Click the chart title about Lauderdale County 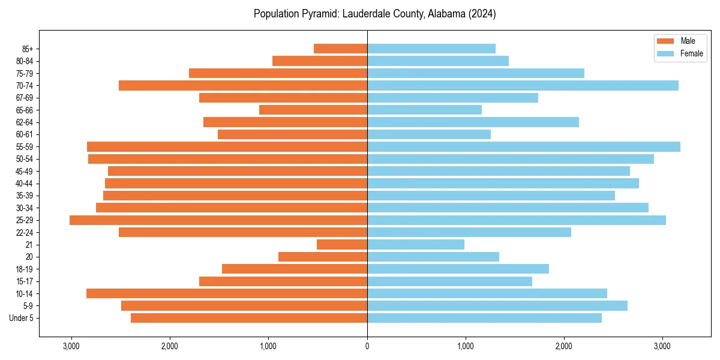coord(374,14)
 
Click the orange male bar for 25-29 coord(218,220)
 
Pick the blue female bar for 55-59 coord(524,147)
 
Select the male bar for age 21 coord(342,245)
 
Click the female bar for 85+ coord(431,49)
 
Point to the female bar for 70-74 coord(523,86)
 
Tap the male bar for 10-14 coord(227,293)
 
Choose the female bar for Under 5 coord(484,318)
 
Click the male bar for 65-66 coord(313,110)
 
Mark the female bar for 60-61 coord(429,134)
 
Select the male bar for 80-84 coord(320,61)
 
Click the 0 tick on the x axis coord(367,347)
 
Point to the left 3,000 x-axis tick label coord(71,347)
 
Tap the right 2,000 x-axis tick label coord(563,347)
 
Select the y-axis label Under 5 coord(22,318)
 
